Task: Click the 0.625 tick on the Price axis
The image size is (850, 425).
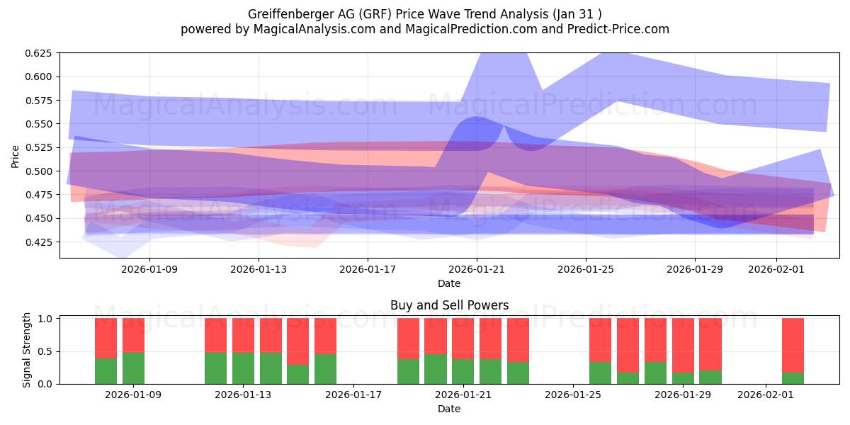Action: point(40,53)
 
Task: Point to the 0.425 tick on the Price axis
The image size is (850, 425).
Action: point(40,242)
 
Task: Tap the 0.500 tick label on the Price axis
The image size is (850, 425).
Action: point(40,171)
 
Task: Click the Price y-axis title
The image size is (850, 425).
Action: point(16,156)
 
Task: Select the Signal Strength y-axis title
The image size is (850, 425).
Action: point(27,350)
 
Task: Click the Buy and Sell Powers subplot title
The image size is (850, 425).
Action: point(449,306)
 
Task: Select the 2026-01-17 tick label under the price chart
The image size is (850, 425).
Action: point(367,269)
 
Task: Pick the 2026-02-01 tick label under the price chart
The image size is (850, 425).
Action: point(776,269)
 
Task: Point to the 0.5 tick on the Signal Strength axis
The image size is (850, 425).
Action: point(46,351)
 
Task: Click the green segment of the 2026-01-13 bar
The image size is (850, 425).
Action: point(243,368)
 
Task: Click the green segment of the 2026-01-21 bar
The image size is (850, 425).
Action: point(463,371)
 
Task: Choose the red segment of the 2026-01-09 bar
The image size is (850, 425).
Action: point(133,335)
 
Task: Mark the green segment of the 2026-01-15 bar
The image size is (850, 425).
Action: point(297,374)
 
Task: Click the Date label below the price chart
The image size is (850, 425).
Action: point(449,283)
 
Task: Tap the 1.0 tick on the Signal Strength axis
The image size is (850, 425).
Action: point(46,319)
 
